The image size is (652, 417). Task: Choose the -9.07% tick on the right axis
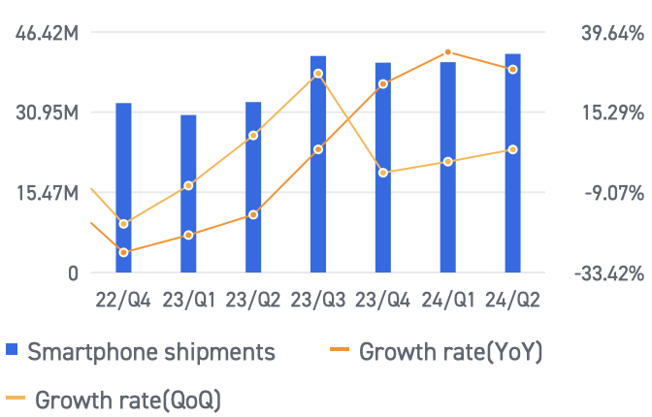tap(611, 194)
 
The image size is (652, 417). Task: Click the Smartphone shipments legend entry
tap(141, 351)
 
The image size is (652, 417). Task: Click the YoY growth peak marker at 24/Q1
tap(447, 52)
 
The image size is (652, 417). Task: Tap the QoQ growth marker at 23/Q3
tap(318, 74)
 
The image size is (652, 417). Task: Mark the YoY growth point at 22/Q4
tap(123, 252)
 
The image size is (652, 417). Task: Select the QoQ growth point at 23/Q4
tap(383, 173)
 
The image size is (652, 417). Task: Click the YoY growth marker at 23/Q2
tap(253, 214)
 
